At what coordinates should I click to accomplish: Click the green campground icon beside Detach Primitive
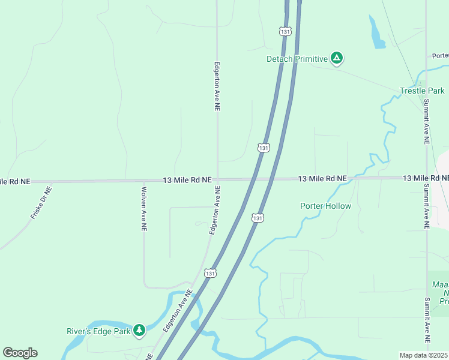pos(337,58)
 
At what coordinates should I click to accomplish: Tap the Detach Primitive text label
pos(298,59)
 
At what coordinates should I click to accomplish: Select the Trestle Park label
pos(423,91)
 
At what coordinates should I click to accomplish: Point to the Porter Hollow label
pos(325,206)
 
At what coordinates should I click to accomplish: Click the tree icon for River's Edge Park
pos(139,331)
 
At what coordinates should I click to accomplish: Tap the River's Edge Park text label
pos(98,331)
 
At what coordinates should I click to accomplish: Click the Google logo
pos(20,353)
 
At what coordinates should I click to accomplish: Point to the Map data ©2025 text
pos(424,355)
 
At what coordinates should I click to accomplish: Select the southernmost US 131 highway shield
pos(209,273)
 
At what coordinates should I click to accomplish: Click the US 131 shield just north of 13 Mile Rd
pos(264,147)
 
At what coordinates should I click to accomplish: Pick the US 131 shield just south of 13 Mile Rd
pos(257,218)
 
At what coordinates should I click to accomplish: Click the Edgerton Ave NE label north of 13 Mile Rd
pos(217,86)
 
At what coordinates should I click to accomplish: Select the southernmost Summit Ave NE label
pos(427,320)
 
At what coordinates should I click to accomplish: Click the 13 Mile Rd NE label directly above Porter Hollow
pos(322,179)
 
